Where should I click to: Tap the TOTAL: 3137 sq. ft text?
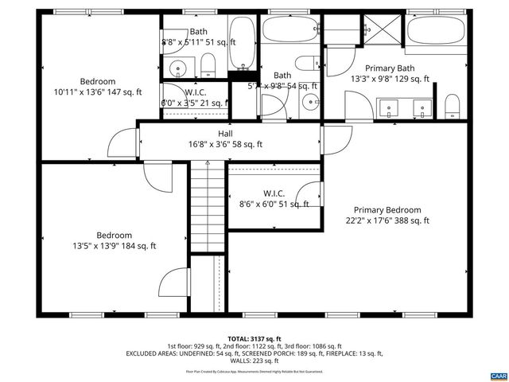(254, 338)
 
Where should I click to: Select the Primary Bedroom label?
(387, 210)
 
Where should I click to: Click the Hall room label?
(225, 134)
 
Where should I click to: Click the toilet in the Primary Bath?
(453, 105)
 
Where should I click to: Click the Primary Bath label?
(390, 69)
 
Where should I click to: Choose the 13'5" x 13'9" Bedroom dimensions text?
(115, 246)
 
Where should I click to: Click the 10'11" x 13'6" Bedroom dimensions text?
(97, 92)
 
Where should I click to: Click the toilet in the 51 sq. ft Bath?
(208, 64)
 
